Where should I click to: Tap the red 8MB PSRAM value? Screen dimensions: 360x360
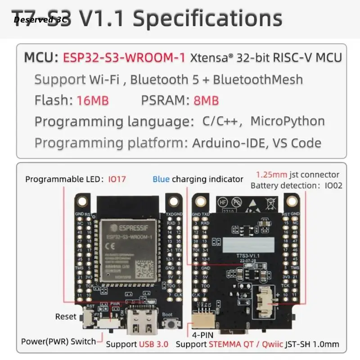pyautogui.click(x=206, y=100)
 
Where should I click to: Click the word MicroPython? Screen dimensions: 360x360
pyautogui.click(x=287, y=121)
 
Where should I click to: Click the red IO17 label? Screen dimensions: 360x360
pyautogui.click(x=117, y=179)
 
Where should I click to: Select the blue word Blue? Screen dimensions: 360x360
pyautogui.click(x=161, y=179)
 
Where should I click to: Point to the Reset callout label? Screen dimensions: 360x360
pyautogui.click(x=66, y=317)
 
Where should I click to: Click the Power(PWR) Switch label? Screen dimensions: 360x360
pyautogui.click(x=58, y=341)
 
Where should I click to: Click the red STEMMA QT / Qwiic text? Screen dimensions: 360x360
pyautogui.click(x=245, y=344)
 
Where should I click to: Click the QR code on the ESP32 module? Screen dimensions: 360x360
pyautogui.click(x=145, y=270)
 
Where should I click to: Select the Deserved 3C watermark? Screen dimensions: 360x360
pyautogui.click(x=40, y=19)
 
